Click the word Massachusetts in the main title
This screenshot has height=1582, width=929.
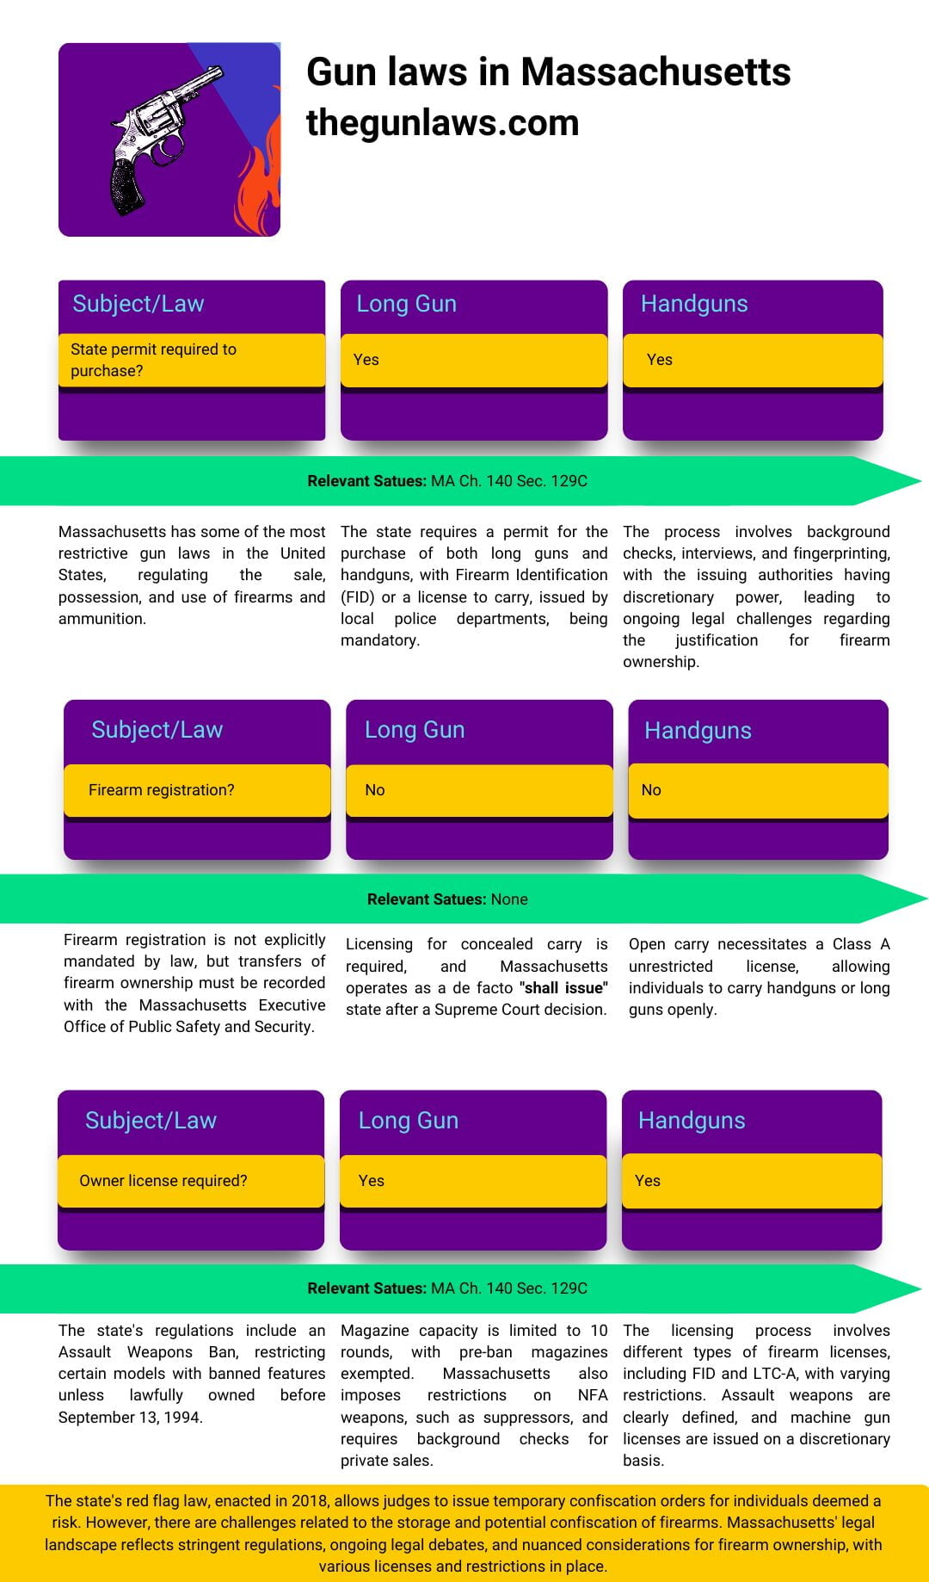pos(655,71)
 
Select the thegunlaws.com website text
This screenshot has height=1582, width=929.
pos(442,123)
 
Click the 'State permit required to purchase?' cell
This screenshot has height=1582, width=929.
pos(191,360)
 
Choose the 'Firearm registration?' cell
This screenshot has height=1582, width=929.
pos(196,790)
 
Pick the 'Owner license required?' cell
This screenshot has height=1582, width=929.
pos(190,1181)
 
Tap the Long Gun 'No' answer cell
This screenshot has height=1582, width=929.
pos(478,790)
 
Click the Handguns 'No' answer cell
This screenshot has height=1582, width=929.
pos(757,790)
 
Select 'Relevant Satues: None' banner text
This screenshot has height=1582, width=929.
pos(447,899)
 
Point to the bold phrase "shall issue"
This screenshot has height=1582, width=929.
pos(563,988)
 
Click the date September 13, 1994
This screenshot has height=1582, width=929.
pos(130,1418)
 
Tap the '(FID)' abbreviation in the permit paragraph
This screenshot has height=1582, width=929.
pos(357,597)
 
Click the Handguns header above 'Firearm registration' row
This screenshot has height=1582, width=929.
pos(698,731)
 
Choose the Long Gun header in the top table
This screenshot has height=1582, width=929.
pos(406,304)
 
